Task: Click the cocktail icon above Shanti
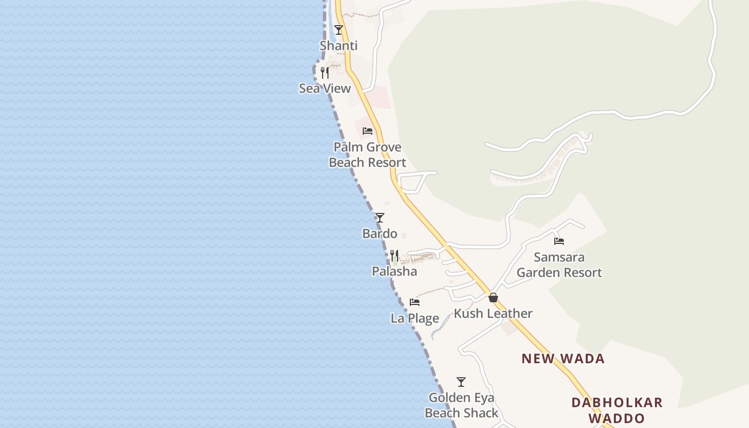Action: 338,30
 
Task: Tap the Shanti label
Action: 338,46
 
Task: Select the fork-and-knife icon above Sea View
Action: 325,73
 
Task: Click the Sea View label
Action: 325,89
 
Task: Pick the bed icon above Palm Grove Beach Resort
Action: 368,131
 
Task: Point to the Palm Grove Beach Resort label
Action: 368,155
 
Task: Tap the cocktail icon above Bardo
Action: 380,218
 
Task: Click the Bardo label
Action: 380,234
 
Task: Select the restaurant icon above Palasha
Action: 394,256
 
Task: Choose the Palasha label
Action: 394,272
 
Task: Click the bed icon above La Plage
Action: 415,302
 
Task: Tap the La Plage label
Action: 415,319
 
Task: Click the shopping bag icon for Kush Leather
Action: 493,297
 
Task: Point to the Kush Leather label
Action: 493,314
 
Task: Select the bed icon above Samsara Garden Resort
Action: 559,241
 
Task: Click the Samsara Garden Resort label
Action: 559,265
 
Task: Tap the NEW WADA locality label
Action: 563,359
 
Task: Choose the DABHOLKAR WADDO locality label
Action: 617,410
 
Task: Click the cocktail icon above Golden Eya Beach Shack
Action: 461,382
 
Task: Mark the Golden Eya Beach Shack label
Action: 461,406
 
